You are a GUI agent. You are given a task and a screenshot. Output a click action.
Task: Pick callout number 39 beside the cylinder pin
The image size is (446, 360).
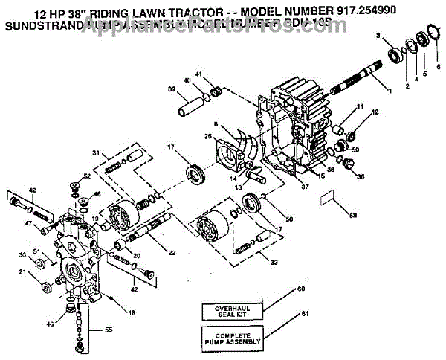[x=171, y=89]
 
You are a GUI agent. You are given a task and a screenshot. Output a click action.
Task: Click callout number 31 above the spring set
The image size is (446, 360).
[x=95, y=153]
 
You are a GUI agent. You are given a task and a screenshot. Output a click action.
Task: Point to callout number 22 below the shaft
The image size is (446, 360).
[x=172, y=254]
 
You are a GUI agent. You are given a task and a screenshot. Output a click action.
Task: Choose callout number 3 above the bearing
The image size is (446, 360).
[x=378, y=36]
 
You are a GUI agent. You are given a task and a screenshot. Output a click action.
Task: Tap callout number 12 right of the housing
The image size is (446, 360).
[x=375, y=112]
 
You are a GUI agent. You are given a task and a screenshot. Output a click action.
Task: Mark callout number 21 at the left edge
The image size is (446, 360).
[x=22, y=273]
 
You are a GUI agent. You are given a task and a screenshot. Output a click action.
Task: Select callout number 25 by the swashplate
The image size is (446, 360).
[x=208, y=137]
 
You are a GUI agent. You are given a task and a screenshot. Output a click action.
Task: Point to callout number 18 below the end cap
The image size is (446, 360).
[x=132, y=313]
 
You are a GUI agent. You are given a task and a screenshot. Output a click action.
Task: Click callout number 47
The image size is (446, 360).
[x=28, y=223]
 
